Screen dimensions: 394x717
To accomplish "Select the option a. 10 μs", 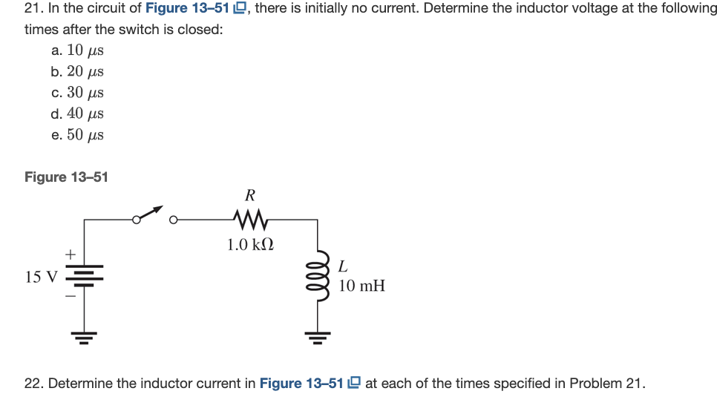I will pos(77,50).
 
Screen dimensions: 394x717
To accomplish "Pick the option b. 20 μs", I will pos(77,71).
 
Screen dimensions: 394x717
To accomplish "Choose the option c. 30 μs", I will pos(77,93).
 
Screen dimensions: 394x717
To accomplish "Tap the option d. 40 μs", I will pos(77,114).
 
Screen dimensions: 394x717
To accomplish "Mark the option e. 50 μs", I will pos(77,135).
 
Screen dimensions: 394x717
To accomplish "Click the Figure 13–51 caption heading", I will pos(66,177).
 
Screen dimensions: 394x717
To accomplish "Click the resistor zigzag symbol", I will pos(249,219).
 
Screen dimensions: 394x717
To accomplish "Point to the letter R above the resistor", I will pos(250,196).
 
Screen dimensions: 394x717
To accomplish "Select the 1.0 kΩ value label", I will pos(250,244).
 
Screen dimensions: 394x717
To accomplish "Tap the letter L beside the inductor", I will pos(342,265).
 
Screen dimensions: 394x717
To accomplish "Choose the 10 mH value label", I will pos(361,286).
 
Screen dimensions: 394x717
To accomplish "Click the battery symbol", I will pos(84,278).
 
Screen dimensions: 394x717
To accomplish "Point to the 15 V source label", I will pos(41,278).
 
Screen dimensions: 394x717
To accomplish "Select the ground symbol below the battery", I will pos(84,339).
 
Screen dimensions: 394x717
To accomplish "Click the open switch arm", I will pos(151,214).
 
